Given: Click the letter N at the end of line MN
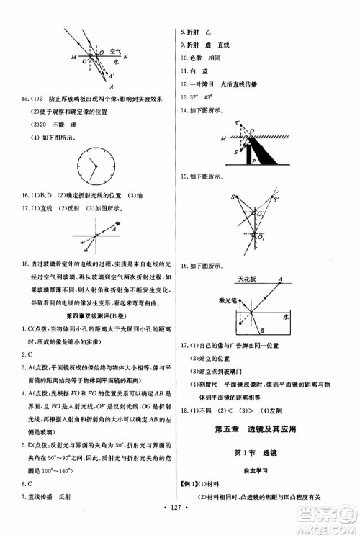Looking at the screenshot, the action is point(125,56).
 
